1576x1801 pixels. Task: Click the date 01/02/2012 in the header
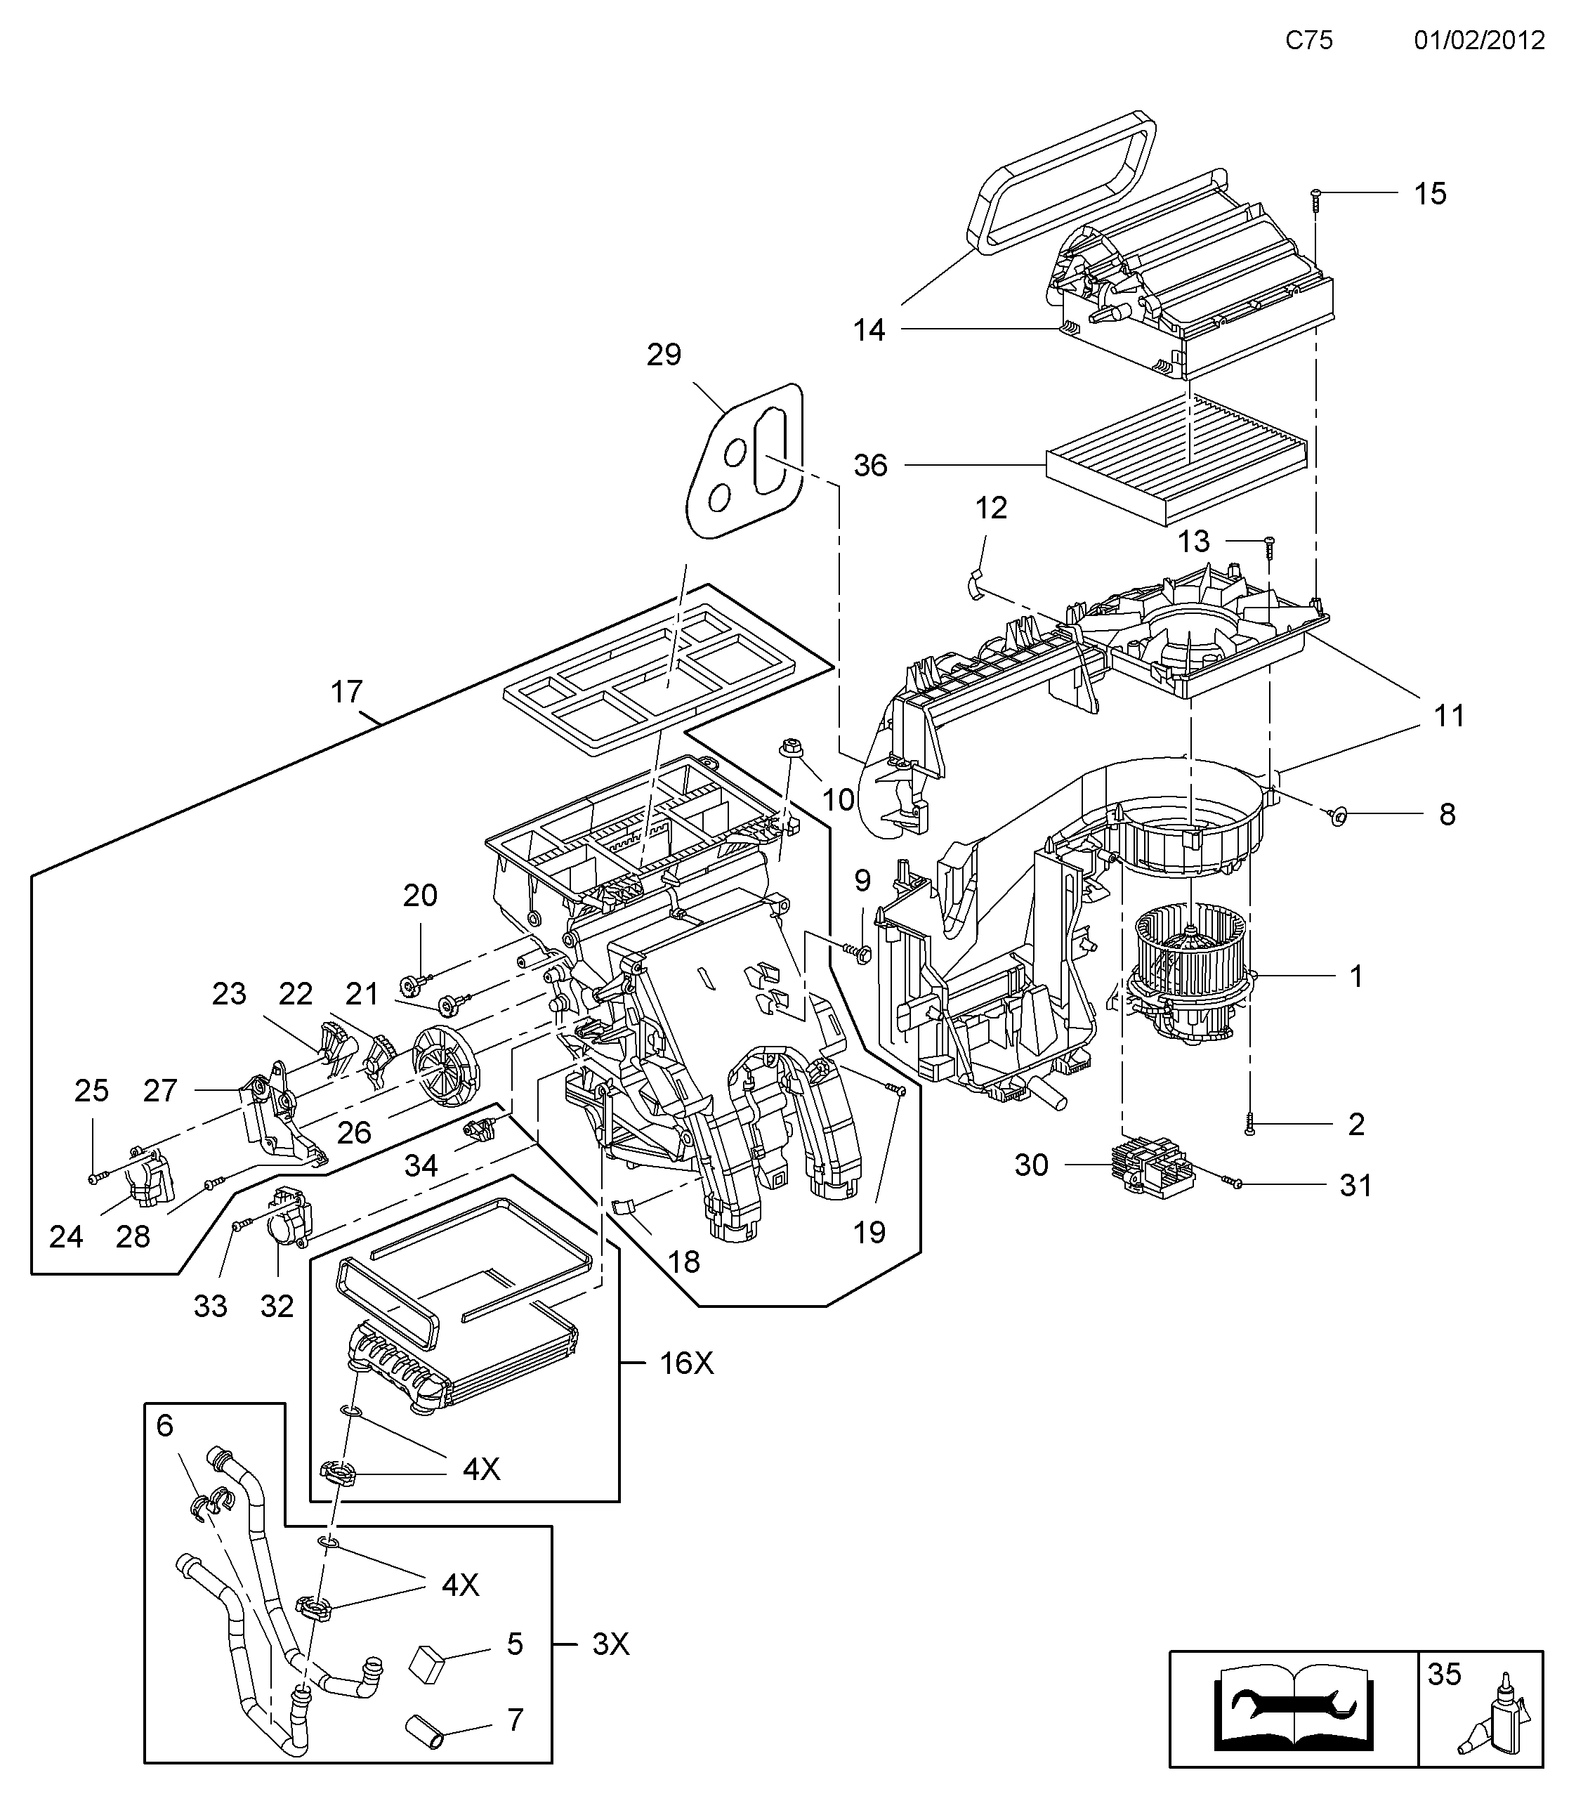1479,41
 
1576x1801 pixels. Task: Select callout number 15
1430,195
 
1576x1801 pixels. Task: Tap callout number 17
346,692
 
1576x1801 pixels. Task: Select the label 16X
686,1363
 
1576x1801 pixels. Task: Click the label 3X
610,1644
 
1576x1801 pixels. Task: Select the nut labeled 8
1339,818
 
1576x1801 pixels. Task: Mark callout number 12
991,509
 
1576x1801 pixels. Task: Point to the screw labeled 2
1249,1124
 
